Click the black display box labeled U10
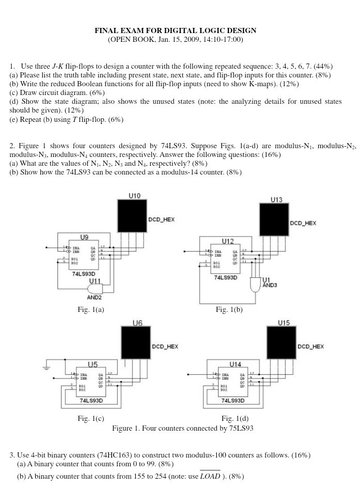(132, 216)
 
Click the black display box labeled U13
(273, 219)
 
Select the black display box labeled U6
(135, 343)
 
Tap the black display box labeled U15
(281, 343)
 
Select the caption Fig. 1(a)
(90, 309)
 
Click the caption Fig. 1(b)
(229, 309)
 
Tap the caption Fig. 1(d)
(235, 418)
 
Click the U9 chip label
(84, 237)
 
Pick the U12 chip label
(228, 241)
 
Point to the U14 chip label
(235, 364)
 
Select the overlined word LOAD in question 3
(210, 476)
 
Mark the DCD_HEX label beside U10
(161, 219)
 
